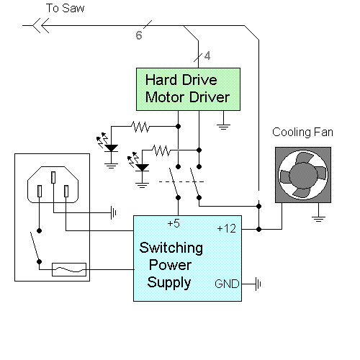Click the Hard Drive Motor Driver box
point(188,89)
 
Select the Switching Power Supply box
point(187,258)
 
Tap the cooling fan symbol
point(303,175)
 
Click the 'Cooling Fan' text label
point(302,132)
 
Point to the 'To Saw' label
point(65,8)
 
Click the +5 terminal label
point(174,223)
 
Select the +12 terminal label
point(226,228)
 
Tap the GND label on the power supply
point(227,284)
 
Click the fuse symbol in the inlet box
point(69,269)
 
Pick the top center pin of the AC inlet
point(53,177)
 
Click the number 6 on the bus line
point(139,35)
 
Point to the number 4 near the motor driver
point(207,55)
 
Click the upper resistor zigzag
point(140,127)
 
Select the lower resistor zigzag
point(161,150)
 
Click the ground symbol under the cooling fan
point(318,219)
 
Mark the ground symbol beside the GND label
point(258,284)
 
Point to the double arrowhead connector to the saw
point(41,25)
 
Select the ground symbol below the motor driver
point(223,127)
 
